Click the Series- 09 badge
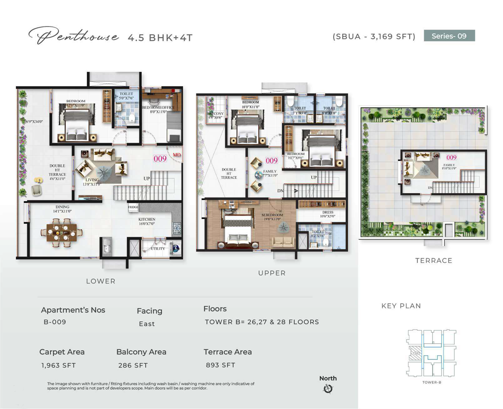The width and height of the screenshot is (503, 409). coord(449,36)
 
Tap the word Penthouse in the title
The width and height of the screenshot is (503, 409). coord(74,37)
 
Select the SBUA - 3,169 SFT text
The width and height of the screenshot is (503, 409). coord(374,36)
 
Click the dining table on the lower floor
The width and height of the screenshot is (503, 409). coord(62,232)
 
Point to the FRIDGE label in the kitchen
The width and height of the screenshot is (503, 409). coord(133,207)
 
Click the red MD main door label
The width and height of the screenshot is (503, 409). coord(177,155)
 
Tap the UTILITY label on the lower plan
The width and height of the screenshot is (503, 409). coord(158,249)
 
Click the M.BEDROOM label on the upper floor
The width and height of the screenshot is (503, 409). coord(272,215)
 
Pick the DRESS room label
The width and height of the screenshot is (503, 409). coord(328,212)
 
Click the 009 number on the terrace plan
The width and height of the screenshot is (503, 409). coord(451,158)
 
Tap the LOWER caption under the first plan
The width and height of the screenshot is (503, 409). coord(101,281)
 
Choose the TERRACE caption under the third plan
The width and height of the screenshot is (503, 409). coord(433,261)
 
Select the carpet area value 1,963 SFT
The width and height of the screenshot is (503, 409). coord(59,365)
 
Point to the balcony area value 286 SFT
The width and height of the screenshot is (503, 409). coord(133,365)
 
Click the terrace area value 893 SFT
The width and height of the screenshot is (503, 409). coord(220,365)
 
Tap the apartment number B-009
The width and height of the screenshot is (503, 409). coord(55,323)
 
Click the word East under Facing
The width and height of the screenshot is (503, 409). coord(147,324)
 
